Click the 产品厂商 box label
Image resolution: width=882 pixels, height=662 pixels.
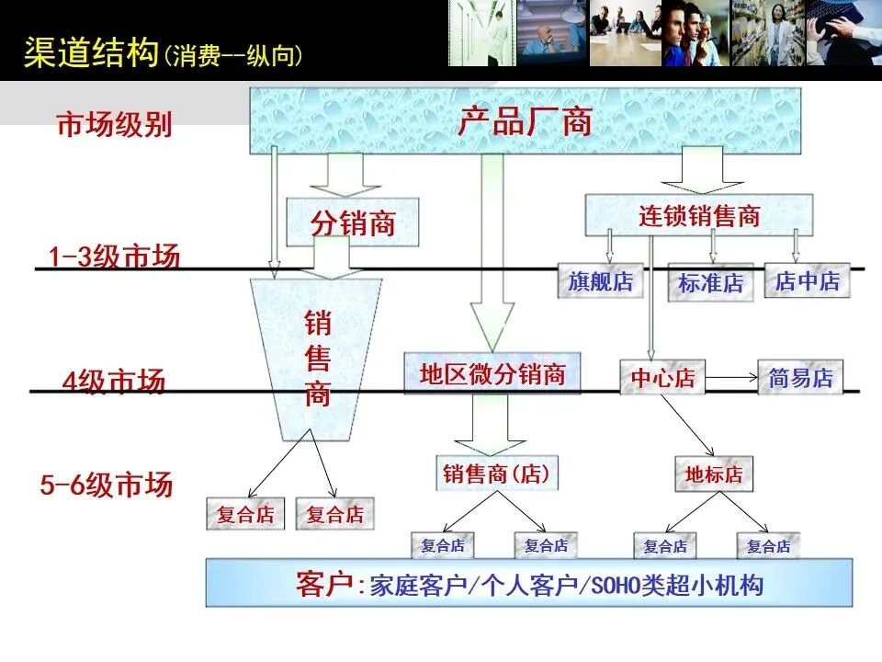[525, 121]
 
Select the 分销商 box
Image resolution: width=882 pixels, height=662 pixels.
[353, 223]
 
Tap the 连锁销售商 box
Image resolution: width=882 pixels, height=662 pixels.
[699, 215]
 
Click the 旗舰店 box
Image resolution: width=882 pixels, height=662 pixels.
[600, 281]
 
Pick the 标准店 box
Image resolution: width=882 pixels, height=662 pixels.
[710, 283]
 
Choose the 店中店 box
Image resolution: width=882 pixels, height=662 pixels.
[807, 280]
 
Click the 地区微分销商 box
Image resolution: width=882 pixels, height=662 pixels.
[492, 374]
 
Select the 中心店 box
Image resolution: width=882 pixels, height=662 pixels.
[662, 378]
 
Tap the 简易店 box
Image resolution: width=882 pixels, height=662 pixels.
[800, 377]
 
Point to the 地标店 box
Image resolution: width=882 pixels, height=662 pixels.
[713, 475]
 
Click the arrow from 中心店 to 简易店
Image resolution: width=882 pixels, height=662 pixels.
[730, 377]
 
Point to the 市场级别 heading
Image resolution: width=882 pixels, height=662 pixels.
[115, 125]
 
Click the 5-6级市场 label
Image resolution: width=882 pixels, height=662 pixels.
[107, 485]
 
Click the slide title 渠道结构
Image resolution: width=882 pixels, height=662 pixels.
[90, 52]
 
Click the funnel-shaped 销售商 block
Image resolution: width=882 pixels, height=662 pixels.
[317, 359]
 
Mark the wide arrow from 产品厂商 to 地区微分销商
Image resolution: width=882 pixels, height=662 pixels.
[492, 248]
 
